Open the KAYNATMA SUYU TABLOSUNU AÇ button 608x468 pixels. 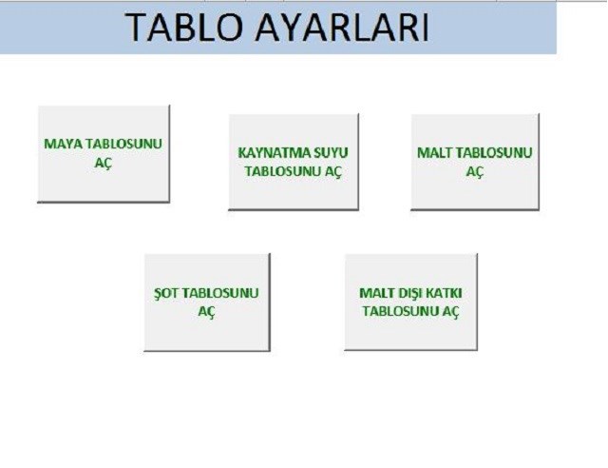point(294,162)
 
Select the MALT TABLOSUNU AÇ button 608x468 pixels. point(475,162)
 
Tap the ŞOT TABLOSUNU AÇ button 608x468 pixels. point(207,302)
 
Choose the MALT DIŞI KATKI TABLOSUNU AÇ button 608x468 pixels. point(411,302)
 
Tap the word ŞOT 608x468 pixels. point(166,293)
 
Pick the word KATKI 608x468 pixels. point(446,293)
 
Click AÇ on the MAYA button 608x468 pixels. point(104,163)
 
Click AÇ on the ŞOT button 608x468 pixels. point(207,312)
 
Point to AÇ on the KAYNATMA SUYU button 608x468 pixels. point(333,171)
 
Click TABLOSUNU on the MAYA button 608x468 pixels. point(123,144)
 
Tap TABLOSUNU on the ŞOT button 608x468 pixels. point(219,293)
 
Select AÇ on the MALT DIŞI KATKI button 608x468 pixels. point(450,312)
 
